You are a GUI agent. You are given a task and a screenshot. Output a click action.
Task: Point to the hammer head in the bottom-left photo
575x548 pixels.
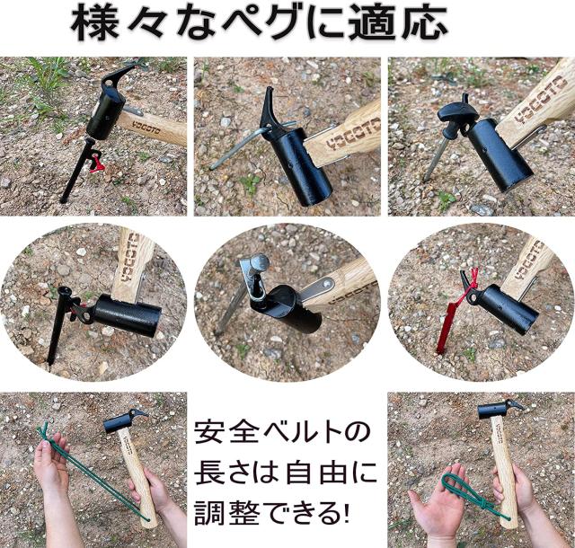pyautogui.click(x=124, y=419)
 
